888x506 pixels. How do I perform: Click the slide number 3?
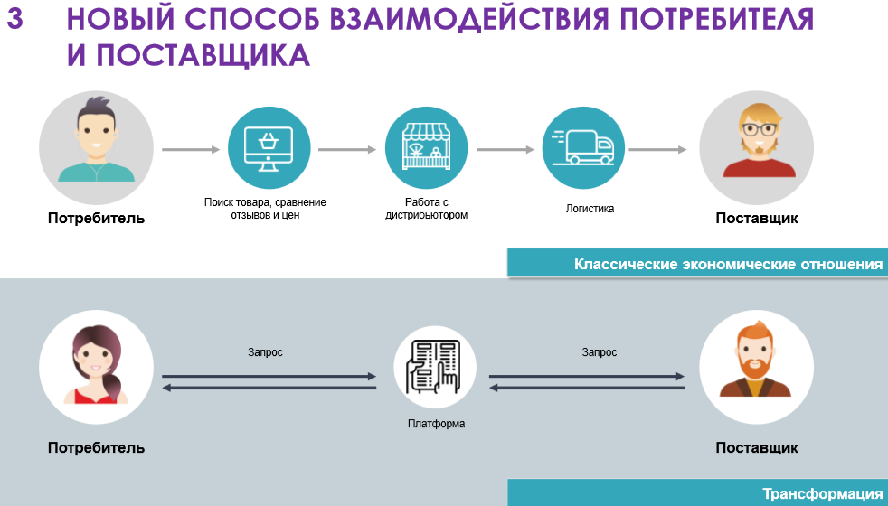15,20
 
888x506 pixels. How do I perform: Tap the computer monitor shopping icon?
269,148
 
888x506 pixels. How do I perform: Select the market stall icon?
426,148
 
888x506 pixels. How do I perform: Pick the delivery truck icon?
583,148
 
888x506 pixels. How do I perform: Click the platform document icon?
435,368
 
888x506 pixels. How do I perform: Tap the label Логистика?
590,209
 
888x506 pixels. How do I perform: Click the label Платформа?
436,424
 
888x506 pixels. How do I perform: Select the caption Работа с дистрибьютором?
426,209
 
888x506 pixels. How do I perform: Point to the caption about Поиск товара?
265,209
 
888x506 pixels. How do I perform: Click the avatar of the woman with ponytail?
96,368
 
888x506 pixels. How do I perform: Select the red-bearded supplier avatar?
757,368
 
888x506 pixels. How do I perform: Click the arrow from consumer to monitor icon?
191,149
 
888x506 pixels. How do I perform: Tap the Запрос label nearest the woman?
265,352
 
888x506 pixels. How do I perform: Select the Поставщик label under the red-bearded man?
757,448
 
